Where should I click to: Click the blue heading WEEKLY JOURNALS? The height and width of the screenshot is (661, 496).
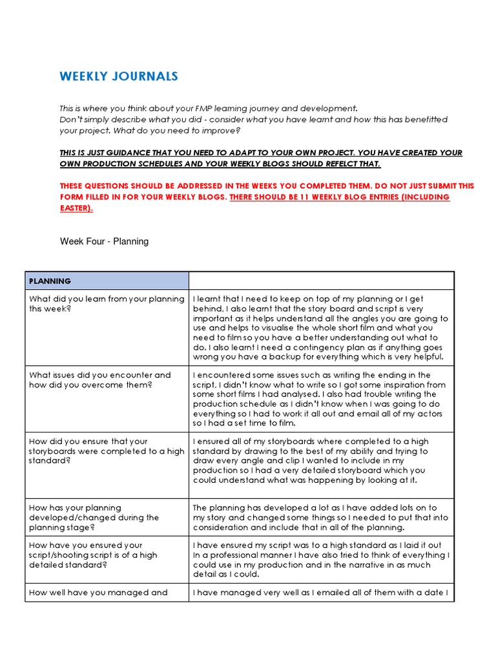(x=119, y=77)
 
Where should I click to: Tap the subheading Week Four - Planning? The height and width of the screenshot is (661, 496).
(x=104, y=241)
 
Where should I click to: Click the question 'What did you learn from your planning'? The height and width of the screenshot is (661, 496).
(x=106, y=299)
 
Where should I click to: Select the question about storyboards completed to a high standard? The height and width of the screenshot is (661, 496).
(x=106, y=451)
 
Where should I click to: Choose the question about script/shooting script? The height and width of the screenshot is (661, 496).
(x=93, y=555)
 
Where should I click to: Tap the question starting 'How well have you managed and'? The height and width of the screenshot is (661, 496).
(x=98, y=592)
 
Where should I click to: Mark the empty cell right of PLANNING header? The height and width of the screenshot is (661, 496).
(x=321, y=281)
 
